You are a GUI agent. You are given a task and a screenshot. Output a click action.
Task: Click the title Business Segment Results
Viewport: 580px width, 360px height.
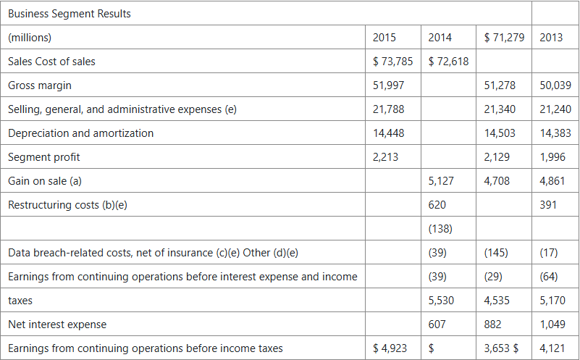[70, 14]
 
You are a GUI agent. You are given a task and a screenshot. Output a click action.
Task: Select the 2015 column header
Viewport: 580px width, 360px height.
[384, 38]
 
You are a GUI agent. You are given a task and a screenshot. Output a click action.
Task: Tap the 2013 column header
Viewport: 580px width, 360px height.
[551, 38]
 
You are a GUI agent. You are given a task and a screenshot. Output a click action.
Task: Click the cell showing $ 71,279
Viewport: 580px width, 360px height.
[504, 38]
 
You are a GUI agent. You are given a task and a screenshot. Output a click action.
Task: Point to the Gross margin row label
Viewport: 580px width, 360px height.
[40, 85]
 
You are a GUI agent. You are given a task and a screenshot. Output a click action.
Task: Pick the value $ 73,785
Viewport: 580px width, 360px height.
[393, 62]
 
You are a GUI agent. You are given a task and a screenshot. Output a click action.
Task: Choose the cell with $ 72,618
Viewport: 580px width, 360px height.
[448, 62]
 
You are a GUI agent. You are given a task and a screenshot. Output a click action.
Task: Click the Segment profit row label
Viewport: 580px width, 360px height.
[43, 157]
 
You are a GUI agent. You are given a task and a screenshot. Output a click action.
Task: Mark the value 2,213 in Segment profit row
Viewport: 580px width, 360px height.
[385, 157]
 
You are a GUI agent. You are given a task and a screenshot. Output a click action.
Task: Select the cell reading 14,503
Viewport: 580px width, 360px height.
[500, 133]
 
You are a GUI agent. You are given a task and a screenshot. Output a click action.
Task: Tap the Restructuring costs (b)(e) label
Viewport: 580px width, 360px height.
[67, 205]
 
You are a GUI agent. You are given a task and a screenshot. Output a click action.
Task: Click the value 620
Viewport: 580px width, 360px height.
[437, 205]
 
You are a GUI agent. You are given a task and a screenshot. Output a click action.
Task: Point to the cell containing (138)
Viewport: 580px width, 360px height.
[440, 229]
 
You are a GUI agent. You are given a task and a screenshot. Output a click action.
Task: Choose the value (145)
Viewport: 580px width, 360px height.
[496, 253]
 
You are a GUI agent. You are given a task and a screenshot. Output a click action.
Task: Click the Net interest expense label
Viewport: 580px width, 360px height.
[57, 325]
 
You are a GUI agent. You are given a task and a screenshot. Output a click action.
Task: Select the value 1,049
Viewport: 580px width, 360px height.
[552, 325]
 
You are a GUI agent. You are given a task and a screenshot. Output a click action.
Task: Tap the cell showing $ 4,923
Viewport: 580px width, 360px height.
[390, 348]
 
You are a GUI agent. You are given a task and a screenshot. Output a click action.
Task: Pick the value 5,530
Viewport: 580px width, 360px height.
[441, 301]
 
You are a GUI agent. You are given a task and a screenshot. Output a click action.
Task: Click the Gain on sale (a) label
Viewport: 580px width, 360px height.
[45, 181]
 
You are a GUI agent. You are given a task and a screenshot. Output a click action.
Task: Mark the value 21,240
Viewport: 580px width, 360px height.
[555, 109]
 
